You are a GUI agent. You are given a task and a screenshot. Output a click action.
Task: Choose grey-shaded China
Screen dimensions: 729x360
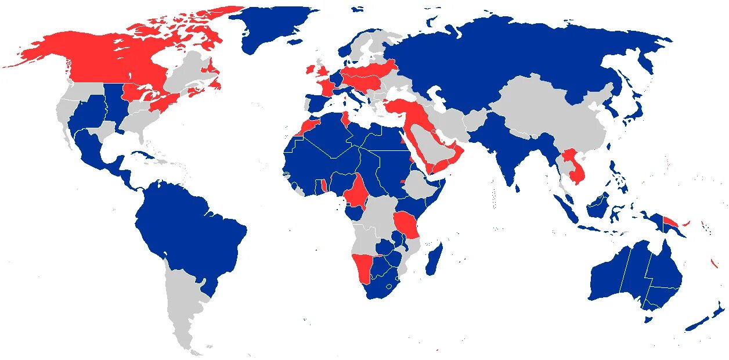[551, 116]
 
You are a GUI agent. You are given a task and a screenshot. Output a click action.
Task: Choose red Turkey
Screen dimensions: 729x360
[406, 107]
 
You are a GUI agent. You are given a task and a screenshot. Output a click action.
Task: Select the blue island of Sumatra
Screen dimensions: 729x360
[565, 206]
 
